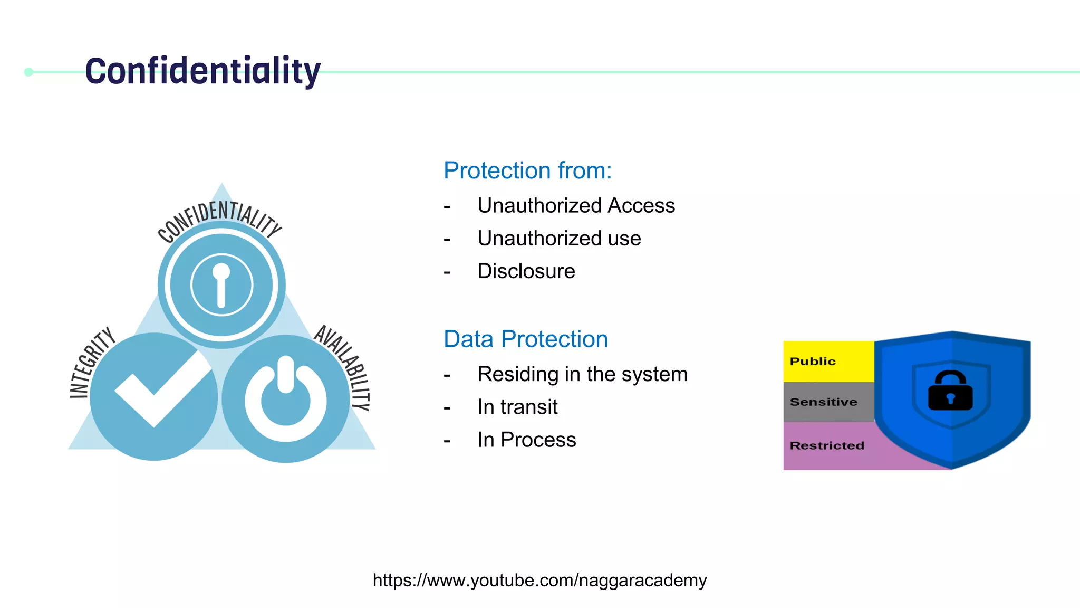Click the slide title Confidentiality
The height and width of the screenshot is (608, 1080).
tap(202, 71)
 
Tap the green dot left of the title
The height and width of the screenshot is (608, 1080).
tap(29, 72)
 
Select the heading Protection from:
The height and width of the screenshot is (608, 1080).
tap(527, 170)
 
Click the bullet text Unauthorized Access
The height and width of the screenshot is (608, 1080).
tap(576, 205)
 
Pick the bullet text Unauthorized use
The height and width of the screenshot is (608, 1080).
tap(559, 238)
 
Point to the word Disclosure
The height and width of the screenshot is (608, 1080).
tap(526, 271)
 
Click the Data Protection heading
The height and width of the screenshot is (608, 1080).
tap(526, 339)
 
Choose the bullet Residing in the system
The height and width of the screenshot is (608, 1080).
tap(582, 374)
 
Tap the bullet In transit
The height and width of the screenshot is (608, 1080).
tap(517, 407)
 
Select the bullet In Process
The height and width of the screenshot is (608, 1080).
tap(526, 440)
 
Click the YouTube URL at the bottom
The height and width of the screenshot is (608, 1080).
tap(539, 580)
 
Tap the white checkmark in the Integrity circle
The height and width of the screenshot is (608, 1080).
tap(158, 388)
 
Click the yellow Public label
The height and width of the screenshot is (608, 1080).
tap(813, 362)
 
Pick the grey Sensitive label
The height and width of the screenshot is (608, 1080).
tap(823, 402)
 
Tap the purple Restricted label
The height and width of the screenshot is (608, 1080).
tap(827, 445)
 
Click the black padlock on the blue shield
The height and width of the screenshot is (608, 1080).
tap(950, 391)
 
